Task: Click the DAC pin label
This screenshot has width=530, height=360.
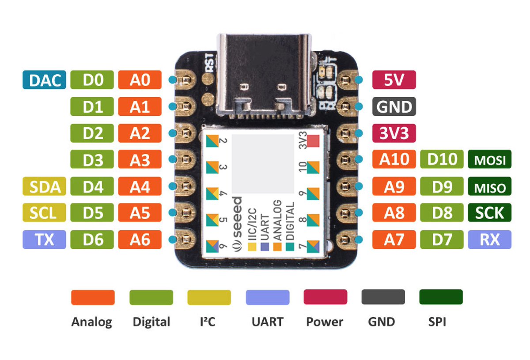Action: [44, 80]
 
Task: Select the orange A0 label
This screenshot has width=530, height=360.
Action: [140, 80]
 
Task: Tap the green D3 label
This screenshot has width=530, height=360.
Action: [92, 160]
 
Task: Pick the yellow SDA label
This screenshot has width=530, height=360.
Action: [44, 187]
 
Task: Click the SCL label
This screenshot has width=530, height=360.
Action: [44, 213]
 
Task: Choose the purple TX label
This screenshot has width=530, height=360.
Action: [44, 240]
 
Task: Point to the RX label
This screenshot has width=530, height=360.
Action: [489, 240]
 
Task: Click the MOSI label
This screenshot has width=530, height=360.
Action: [489, 160]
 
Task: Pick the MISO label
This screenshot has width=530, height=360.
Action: [489, 187]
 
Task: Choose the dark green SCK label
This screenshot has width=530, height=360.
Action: [489, 213]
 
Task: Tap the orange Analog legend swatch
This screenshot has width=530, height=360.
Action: [93, 297]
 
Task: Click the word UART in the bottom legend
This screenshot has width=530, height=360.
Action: [267, 322]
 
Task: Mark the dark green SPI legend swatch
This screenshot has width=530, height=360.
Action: [441, 297]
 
